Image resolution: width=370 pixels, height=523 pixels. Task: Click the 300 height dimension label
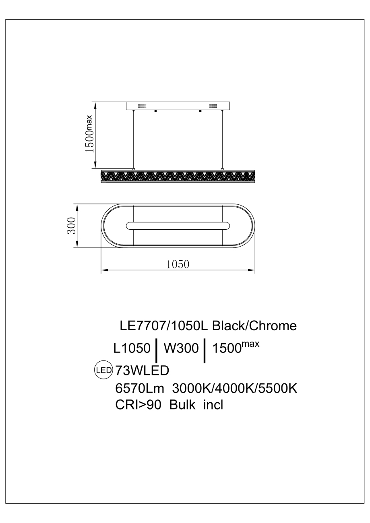tap(71, 225)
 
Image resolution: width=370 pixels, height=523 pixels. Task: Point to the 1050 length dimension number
tap(178, 264)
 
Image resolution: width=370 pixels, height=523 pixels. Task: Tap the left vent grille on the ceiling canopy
tap(142, 106)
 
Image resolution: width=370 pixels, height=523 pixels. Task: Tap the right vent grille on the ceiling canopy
tap(213, 106)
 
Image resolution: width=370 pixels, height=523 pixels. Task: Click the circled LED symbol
tap(103, 370)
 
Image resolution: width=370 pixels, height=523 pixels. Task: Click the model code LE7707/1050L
tap(164, 325)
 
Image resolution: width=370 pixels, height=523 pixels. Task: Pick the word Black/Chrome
tap(254, 325)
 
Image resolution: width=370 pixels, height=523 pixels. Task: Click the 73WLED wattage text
tap(142, 370)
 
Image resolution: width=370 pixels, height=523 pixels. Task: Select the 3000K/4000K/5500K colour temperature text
tap(235, 389)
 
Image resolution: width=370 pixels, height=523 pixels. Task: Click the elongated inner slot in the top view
tap(178, 226)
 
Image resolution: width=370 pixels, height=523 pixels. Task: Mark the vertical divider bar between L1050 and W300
tap(156, 350)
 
